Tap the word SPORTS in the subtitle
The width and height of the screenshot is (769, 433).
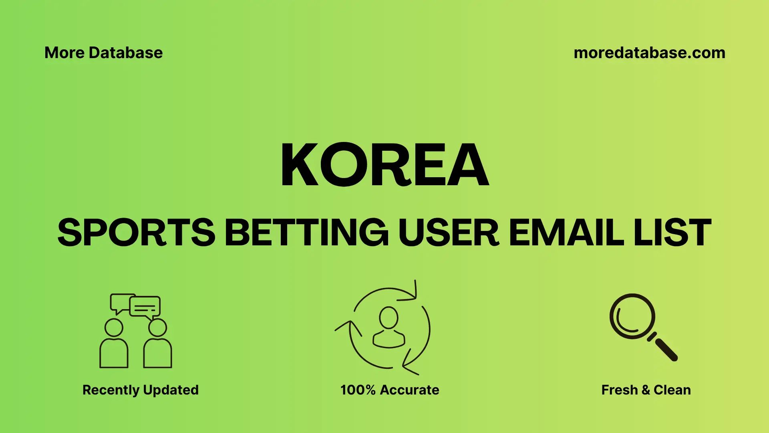click(136, 233)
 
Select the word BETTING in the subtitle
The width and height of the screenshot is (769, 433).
click(306, 233)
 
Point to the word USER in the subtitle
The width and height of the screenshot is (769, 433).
click(449, 233)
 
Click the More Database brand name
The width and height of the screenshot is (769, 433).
click(103, 53)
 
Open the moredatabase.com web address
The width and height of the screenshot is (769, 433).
click(649, 53)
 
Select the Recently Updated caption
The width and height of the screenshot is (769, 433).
click(140, 390)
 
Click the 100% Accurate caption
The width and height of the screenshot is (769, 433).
click(390, 390)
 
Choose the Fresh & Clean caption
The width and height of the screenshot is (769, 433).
click(646, 390)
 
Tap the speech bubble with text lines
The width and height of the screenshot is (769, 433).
click(145, 307)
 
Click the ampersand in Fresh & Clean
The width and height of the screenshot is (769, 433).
click(645, 390)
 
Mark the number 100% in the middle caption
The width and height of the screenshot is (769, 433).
click(358, 390)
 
